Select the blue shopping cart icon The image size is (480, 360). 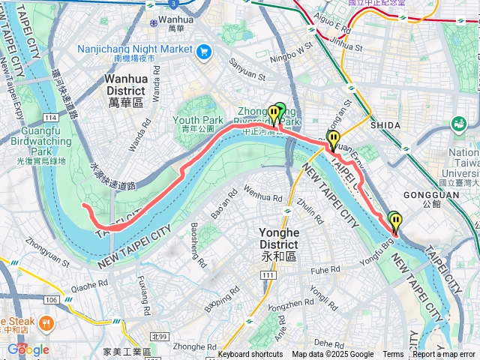click(x=203, y=52)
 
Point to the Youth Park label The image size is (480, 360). click(x=198, y=124)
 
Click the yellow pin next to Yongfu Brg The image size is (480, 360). click(x=395, y=221)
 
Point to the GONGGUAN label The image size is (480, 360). click(x=436, y=203)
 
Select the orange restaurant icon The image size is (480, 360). click(x=46, y=324)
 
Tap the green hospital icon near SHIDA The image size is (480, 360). click(x=458, y=123)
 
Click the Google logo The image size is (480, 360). click(x=28, y=349)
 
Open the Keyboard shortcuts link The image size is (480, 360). click(x=250, y=355)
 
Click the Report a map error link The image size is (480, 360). click(x=444, y=355)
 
